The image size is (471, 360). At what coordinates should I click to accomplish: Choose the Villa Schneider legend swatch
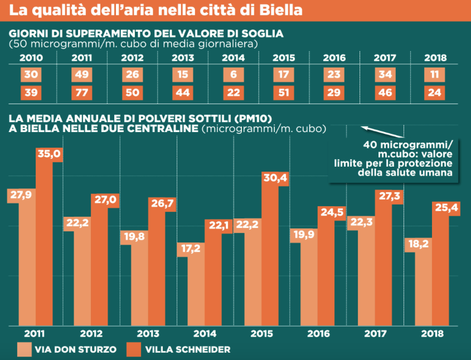pos(134,349)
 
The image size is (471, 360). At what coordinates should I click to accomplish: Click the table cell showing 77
pos(82,93)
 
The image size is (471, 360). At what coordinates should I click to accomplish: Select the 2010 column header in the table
pos(31,58)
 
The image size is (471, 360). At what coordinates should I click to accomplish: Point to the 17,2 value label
pos(188,249)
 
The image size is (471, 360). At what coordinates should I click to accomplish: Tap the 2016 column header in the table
pos(334,58)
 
